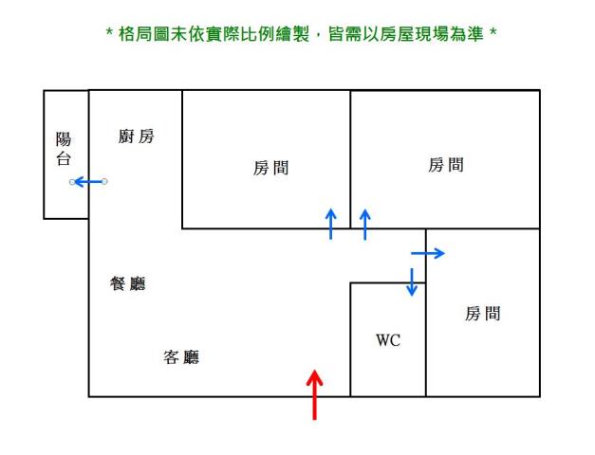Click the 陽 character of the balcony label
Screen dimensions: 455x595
[x=65, y=140]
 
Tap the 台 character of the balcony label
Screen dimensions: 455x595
[x=65, y=159]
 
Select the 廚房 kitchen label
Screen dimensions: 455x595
[x=136, y=136]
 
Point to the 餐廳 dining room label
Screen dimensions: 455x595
[x=128, y=283]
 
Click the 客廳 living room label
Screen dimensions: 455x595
[x=181, y=357]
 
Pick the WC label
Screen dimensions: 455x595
[x=388, y=340]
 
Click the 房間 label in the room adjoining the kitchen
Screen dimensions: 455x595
[x=270, y=169]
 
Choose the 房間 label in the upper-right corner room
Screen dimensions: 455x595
[x=446, y=166]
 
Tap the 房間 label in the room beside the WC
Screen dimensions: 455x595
[x=482, y=314]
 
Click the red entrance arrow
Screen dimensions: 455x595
[x=315, y=393]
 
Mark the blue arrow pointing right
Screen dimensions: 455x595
[x=427, y=253]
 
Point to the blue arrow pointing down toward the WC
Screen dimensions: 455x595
[x=412, y=282]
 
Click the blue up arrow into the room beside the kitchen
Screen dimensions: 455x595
[x=330, y=224]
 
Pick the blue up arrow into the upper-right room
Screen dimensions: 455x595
[x=364, y=224]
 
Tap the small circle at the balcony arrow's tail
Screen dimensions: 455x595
[x=104, y=181]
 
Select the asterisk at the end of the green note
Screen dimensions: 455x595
[x=493, y=35]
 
